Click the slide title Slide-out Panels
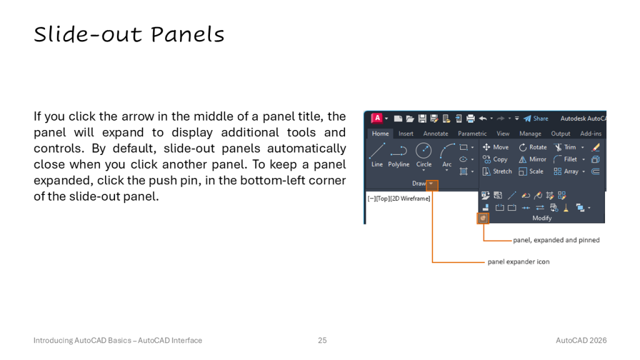[x=129, y=34]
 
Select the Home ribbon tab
[x=381, y=134]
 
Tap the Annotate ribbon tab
[x=436, y=134]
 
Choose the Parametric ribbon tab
[x=472, y=134]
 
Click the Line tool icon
[x=377, y=150]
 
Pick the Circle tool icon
[x=424, y=150]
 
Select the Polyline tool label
[x=399, y=164]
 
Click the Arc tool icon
[x=447, y=150]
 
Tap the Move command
[x=496, y=147]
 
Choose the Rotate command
[x=532, y=147]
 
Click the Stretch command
[x=497, y=171]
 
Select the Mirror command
[x=532, y=159]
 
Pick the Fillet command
[x=565, y=159]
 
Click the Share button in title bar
[x=536, y=119]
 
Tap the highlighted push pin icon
[x=483, y=218]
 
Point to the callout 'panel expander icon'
[x=518, y=262]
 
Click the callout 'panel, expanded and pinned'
[x=556, y=240]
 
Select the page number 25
[x=322, y=341]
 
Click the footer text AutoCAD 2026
[x=581, y=341]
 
